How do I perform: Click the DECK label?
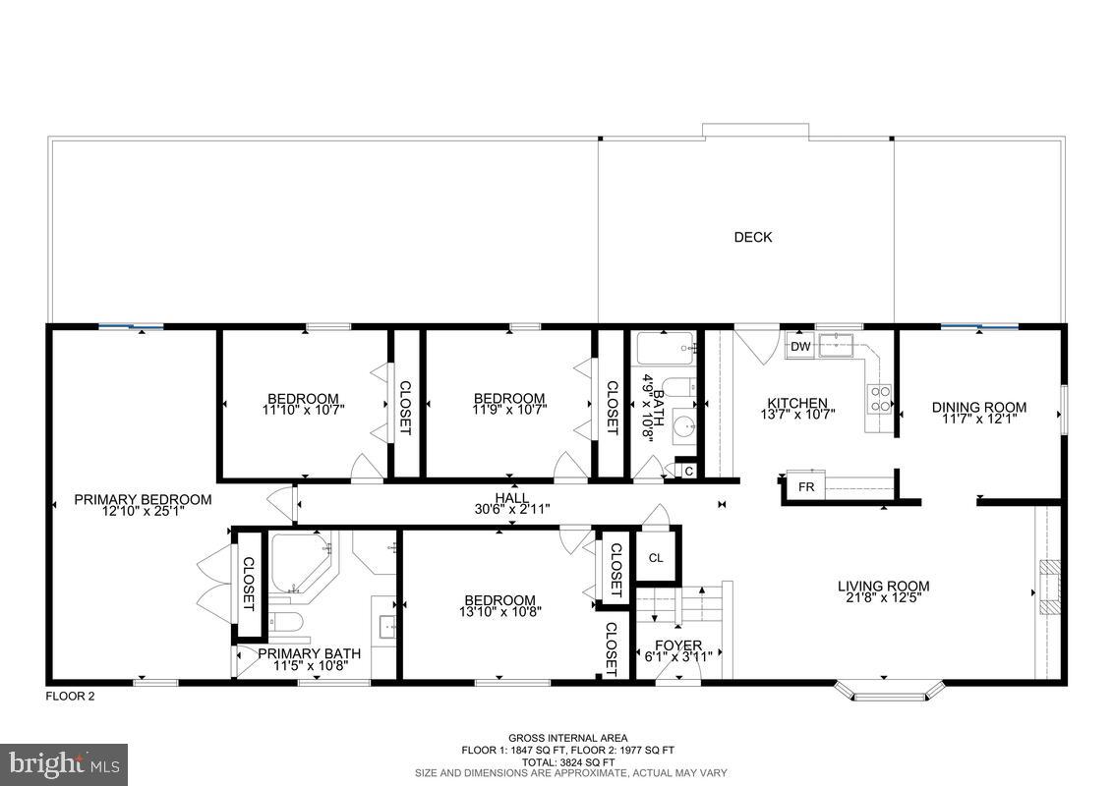click(753, 237)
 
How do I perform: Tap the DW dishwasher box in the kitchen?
click(800, 346)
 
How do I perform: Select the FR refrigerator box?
click(805, 487)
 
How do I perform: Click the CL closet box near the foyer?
click(656, 558)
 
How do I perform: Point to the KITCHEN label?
click(796, 403)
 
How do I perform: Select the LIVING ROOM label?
click(883, 587)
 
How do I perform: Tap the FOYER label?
click(678, 646)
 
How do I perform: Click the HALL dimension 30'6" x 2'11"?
click(511, 509)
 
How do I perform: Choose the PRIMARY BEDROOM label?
click(143, 499)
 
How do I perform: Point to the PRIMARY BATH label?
click(309, 653)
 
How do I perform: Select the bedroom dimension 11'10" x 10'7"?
click(303, 410)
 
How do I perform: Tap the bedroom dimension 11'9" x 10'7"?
click(508, 410)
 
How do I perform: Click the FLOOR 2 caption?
click(71, 697)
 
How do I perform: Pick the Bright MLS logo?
click(64, 763)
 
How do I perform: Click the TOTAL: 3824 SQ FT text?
click(567, 761)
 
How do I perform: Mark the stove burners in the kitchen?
click(879, 398)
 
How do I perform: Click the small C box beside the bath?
click(688, 472)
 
